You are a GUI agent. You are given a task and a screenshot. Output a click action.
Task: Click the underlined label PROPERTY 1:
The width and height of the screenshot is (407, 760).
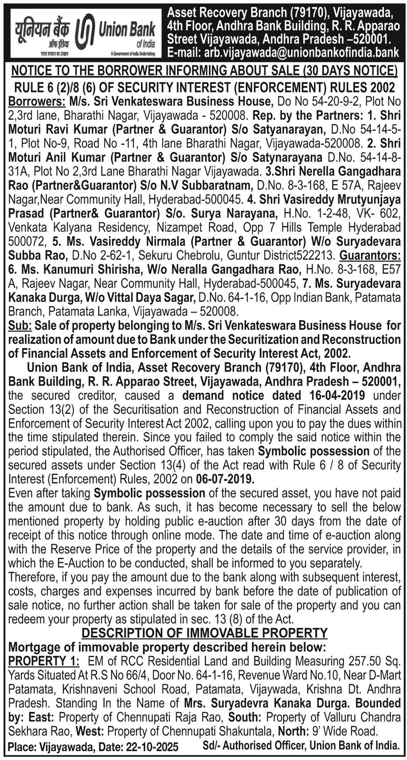click(44, 661)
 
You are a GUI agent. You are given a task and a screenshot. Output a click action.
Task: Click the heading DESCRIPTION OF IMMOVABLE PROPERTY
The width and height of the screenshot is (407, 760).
click(204, 633)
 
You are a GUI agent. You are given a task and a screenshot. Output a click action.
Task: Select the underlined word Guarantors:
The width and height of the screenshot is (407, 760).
click(370, 256)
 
